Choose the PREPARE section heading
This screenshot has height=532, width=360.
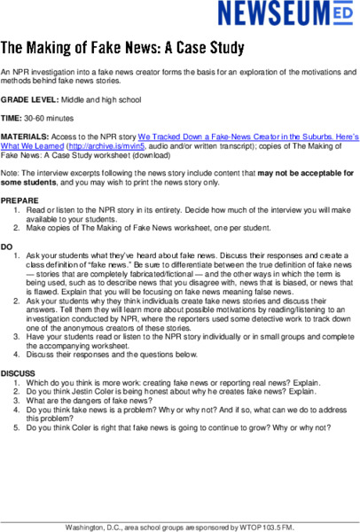pos(23,198)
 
